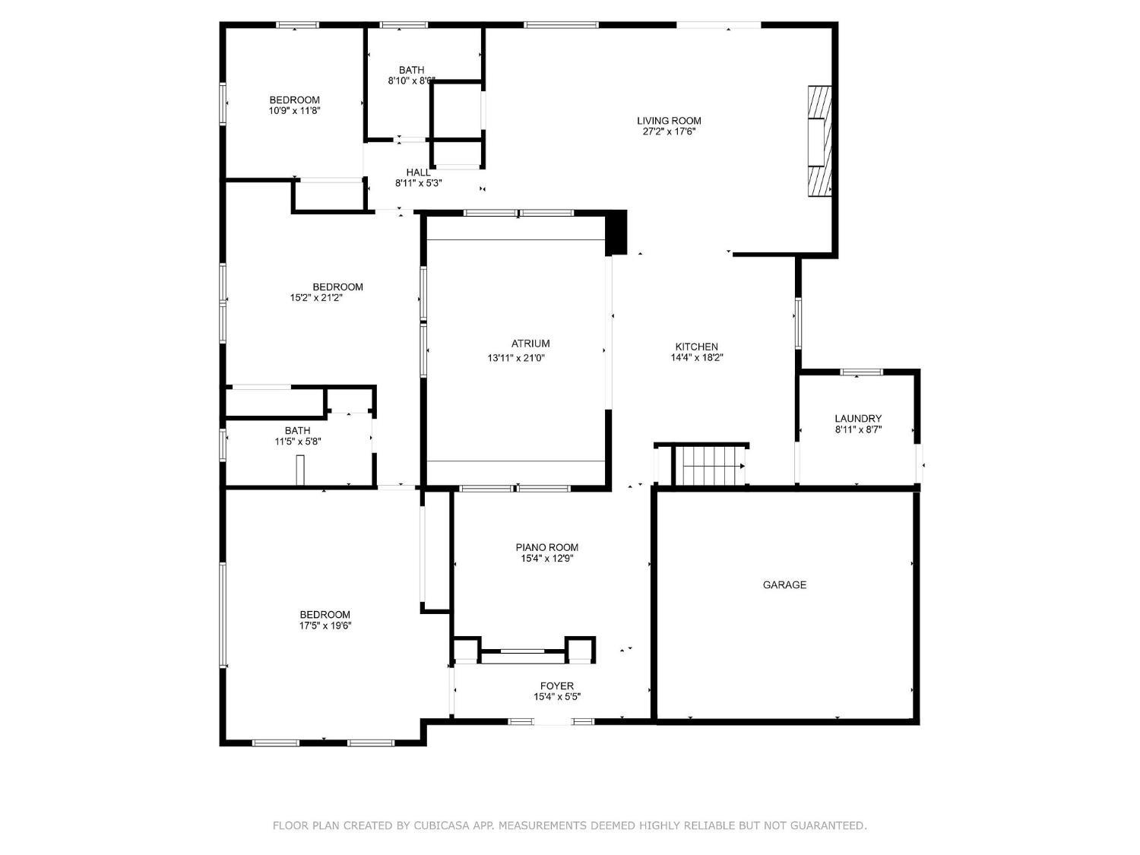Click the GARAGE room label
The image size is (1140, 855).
pos(784,584)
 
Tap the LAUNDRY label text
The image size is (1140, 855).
pos(858,419)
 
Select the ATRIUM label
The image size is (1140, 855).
pos(530,344)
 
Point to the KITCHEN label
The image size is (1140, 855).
pos(696,347)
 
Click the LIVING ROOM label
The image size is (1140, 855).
pos(669,121)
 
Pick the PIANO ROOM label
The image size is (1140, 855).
pos(547,547)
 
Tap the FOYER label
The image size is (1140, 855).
pos(557,686)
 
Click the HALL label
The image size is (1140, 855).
pos(418,173)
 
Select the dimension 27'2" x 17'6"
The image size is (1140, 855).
pos(669,131)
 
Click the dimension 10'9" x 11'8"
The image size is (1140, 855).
pos(294,110)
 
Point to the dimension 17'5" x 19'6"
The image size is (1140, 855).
pos(325,625)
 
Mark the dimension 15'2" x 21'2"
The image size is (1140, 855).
pos(316,298)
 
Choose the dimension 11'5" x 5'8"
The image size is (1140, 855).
pos(298,442)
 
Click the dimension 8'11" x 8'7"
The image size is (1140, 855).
pos(858,430)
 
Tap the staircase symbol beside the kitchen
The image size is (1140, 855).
pos(710,465)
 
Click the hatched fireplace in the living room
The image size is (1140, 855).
pos(819,141)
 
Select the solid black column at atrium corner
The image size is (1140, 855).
pos(616,233)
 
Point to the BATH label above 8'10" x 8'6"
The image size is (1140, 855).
pos(411,70)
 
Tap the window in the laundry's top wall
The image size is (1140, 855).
pos(861,372)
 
